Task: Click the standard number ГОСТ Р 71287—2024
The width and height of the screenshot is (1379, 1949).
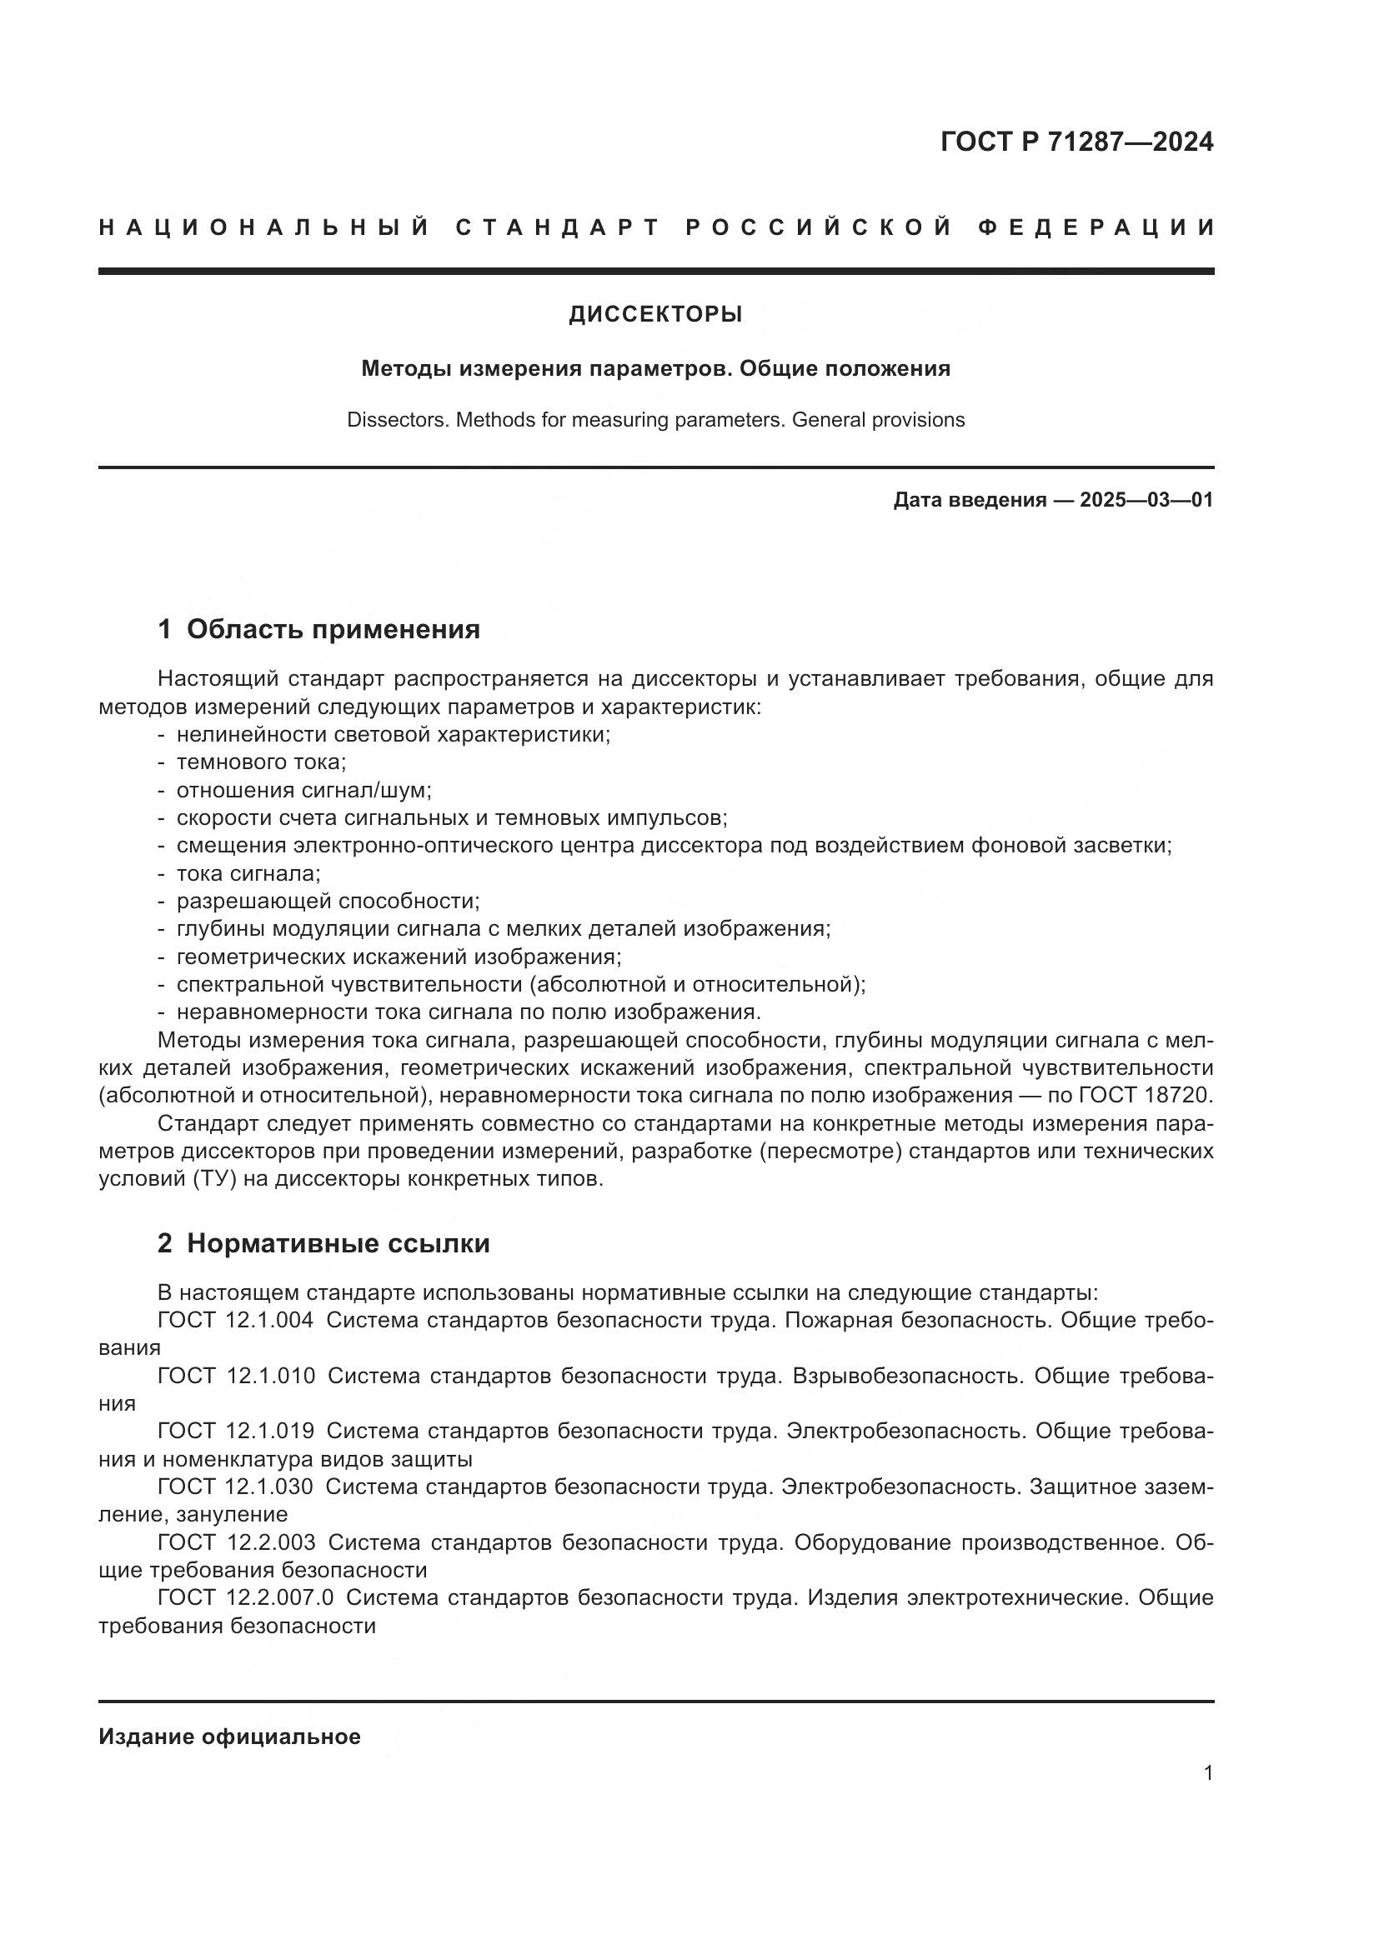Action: click(1076, 142)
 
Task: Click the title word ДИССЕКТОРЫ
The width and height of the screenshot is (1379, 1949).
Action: click(655, 314)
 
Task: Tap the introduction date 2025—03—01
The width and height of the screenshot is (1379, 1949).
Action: click(1146, 500)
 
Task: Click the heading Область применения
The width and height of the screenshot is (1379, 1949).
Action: click(333, 629)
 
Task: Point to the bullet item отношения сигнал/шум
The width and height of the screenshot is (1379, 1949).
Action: click(303, 790)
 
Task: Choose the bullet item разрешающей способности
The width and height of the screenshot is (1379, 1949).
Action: click(327, 901)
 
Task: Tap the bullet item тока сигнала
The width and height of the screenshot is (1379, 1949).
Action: click(247, 872)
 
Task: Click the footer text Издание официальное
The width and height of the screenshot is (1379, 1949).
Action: click(229, 1737)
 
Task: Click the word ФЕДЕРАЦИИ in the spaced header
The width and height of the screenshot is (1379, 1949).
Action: click(1097, 227)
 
